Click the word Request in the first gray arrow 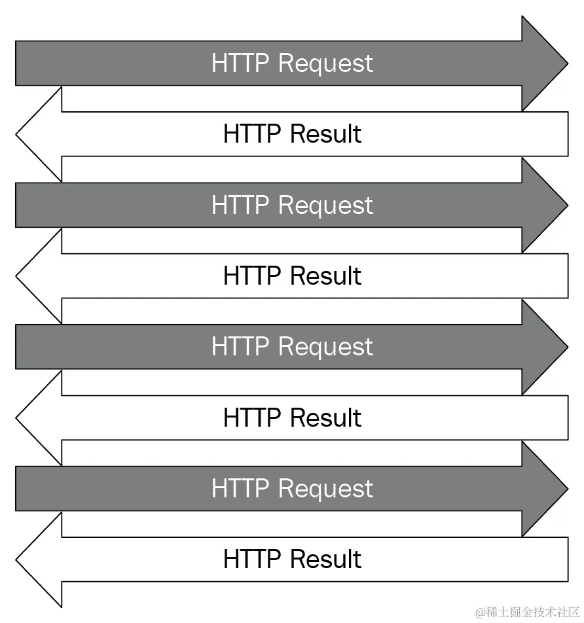pos(325,63)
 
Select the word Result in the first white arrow pos(325,134)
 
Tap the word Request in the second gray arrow pos(325,205)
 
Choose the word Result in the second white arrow pos(325,276)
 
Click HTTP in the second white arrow pos(253,276)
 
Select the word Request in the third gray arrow pos(325,347)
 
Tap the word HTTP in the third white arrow pos(253,418)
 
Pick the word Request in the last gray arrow pos(325,489)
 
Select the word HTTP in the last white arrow pos(253,560)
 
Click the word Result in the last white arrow pos(325,560)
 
